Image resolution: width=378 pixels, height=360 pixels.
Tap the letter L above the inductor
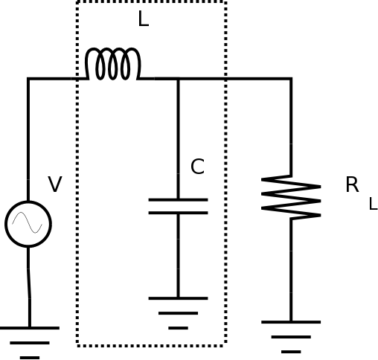point(144,19)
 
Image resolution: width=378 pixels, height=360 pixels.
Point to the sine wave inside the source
point(28,222)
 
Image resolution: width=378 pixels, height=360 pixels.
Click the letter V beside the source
point(55,184)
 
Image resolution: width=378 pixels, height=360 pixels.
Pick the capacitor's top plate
point(178,199)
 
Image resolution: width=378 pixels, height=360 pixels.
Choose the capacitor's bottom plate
point(178,213)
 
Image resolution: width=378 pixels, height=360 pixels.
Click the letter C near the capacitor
point(197,167)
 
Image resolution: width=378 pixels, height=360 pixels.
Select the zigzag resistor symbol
point(291,198)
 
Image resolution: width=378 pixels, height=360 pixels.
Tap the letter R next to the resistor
point(352,184)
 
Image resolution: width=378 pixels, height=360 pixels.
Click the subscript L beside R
point(374,204)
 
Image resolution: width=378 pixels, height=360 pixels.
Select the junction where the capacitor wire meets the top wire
point(178,79)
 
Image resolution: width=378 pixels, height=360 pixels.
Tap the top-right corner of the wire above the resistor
point(291,79)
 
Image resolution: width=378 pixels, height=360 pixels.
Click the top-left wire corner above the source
point(28,79)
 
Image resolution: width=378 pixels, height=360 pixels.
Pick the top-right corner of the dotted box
point(225,1)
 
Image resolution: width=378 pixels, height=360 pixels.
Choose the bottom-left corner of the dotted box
point(77,345)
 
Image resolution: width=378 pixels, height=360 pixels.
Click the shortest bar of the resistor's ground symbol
point(291,352)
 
